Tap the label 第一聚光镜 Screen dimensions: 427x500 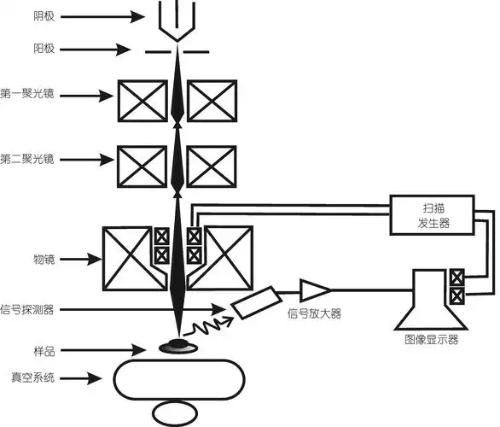click(x=28, y=93)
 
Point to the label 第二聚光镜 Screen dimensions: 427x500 click(x=28, y=159)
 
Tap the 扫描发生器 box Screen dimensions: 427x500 click(x=432, y=214)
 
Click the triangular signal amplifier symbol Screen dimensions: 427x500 click(x=313, y=292)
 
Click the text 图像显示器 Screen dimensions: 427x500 click(x=432, y=338)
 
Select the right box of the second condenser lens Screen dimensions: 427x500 click(x=212, y=165)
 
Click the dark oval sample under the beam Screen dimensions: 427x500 click(x=178, y=344)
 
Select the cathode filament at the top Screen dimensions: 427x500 click(x=177, y=18)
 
